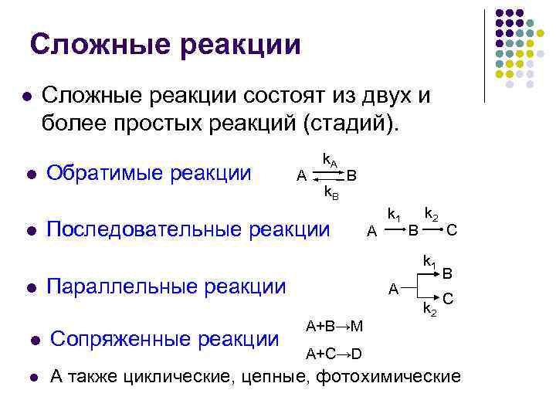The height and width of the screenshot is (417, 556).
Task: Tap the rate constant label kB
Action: click(x=331, y=192)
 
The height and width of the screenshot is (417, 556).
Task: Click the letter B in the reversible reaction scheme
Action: click(x=351, y=175)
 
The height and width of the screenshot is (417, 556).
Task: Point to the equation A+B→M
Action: click(x=334, y=326)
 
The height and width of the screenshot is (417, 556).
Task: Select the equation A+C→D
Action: click(x=334, y=354)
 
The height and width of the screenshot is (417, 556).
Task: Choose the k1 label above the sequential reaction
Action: click(x=394, y=212)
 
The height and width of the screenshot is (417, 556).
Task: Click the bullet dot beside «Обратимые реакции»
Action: click(x=31, y=175)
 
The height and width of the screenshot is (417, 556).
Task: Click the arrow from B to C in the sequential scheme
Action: click(x=432, y=229)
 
